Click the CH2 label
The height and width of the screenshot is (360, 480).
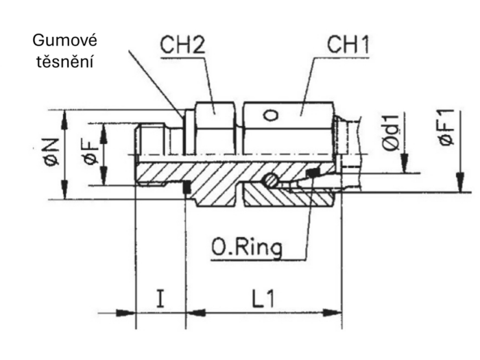pyautogui.click(x=183, y=45)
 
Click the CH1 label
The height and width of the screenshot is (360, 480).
pyautogui.click(x=348, y=45)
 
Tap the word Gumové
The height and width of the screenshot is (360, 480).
pyautogui.click(x=65, y=40)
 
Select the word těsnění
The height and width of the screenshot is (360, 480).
pyautogui.click(x=65, y=62)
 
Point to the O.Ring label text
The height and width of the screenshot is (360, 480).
pyautogui.click(x=247, y=248)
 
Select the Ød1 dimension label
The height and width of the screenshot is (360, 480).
pyautogui.click(x=391, y=133)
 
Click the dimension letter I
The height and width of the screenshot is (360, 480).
pyautogui.click(x=160, y=298)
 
